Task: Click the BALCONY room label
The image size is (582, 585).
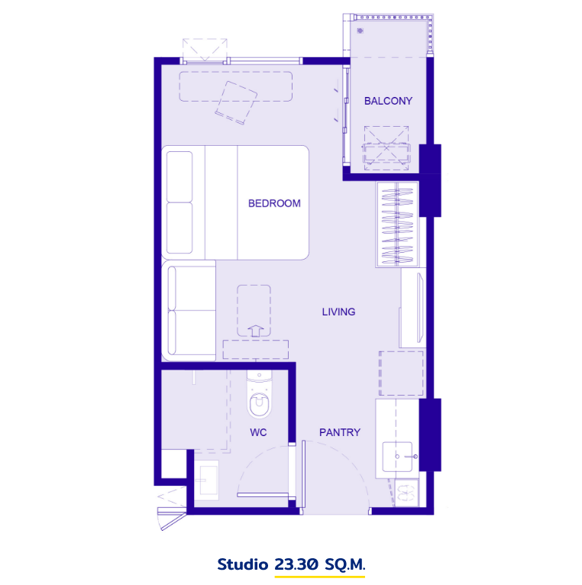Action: click(x=388, y=101)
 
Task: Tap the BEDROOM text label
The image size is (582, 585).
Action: click(x=274, y=203)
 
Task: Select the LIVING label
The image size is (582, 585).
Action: click(x=338, y=312)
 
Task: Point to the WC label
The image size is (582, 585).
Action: click(x=258, y=432)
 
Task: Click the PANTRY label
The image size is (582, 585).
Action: click(x=339, y=432)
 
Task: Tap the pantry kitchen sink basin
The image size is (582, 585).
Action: click(x=397, y=457)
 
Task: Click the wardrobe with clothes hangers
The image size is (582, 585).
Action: click(x=397, y=225)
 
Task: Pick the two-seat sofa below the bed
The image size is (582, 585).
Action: click(x=189, y=310)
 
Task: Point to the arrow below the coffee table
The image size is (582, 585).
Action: click(x=256, y=331)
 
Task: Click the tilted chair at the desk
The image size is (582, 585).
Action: click(x=236, y=103)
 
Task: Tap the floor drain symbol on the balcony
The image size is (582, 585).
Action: click(x=360, y=31)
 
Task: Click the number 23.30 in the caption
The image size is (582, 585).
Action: click(x=296, y=564)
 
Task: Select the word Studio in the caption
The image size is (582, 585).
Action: click(x=243, y=564)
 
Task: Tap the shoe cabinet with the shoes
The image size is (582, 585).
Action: click(x=406, y=493)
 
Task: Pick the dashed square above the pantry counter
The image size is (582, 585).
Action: click(x=401, y=373)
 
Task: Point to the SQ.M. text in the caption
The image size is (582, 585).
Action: click(x=344, y=564)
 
